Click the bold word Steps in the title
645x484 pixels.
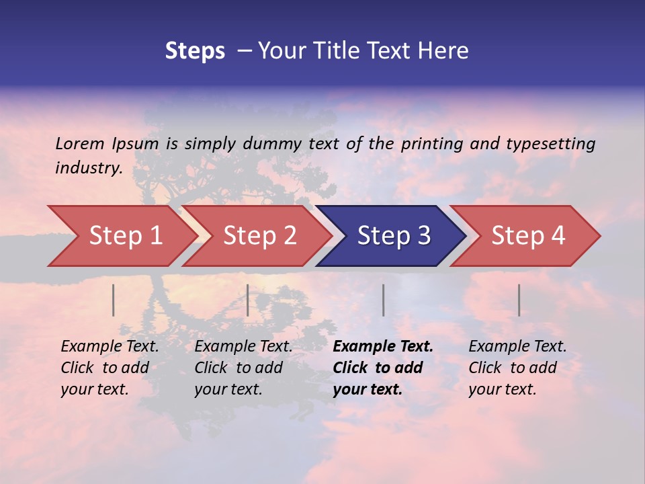pyautogui.click(x=195, y=51)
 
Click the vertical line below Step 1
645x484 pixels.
pyautogui.click(x=114, y=300)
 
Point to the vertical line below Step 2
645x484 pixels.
pyautogui.click(x=248, y=300)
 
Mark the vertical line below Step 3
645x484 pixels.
pyautogui.click(x=383, y=300)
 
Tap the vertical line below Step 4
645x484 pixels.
pyautogui.click(x=519, y=300)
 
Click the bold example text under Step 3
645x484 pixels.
pyautogui.click(x=382, y=368)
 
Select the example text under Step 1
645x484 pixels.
pyautogui.click(x=110, y=368)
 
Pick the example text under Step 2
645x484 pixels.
pyautogui.click(x=243, y=368)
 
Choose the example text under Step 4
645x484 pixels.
pyautogui.click(x=517, y=368)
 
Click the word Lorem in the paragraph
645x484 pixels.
pyautogui.click(x=80, y=143)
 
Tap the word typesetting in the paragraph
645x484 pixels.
pyautogui.click(x=550, y=143)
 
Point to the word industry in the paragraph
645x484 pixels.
pyautogui.click(x=88, y=168)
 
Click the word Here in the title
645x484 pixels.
pyautogui.click(x=445, y=51)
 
